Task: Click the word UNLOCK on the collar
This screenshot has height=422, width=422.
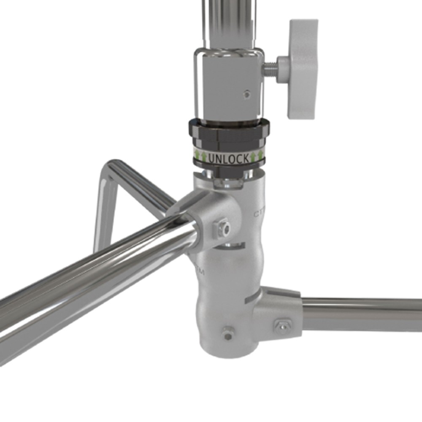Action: coord(228,158)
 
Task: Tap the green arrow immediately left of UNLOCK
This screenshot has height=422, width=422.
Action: coord(203,157)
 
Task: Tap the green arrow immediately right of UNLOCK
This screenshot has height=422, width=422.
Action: coord(253,157)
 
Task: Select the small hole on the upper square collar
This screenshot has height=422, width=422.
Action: coord(247,94)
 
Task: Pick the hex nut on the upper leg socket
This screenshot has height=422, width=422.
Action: coord(222,228)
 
